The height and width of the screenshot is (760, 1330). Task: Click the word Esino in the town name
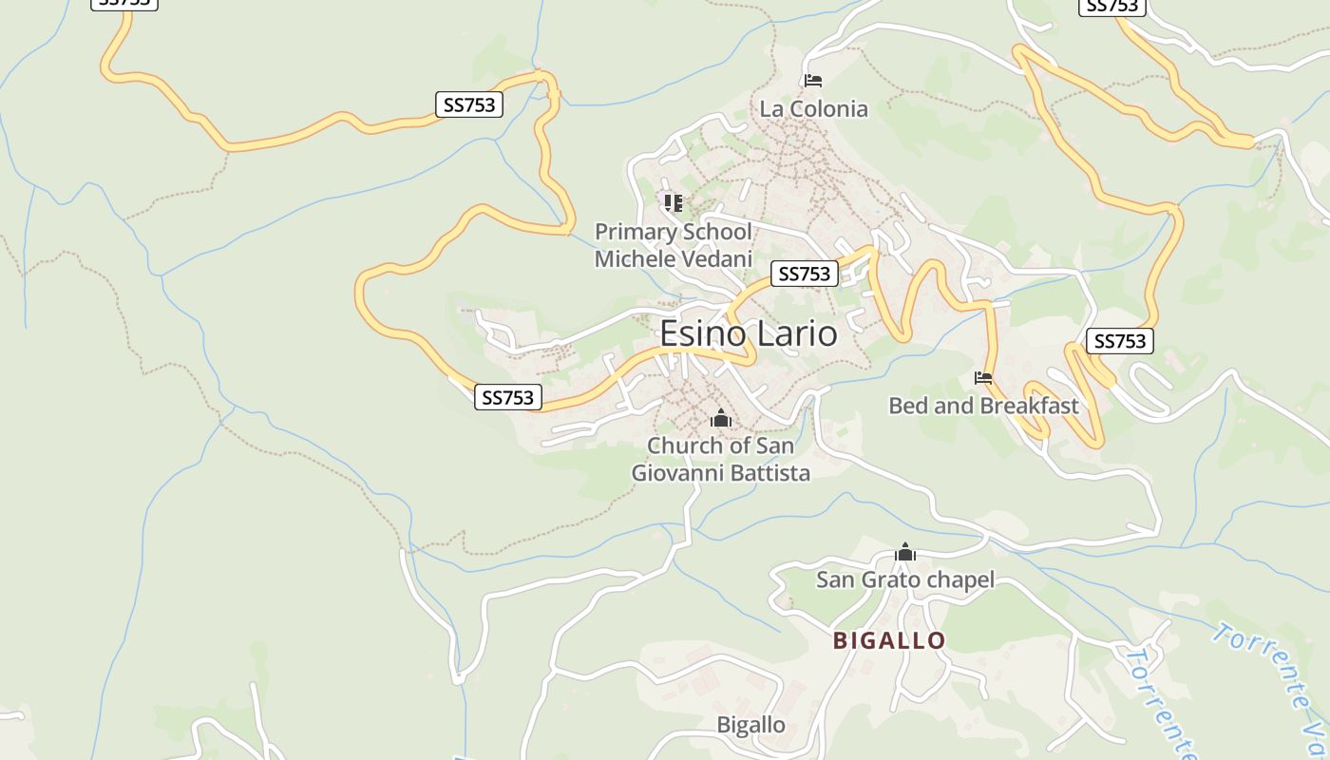pos(698,333)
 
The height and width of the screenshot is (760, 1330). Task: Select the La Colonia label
pos(813,108)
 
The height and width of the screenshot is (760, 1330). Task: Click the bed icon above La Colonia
pos(813,80)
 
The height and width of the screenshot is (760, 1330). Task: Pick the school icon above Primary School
pos(674,202)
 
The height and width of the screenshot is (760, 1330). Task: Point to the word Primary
pos(635,232)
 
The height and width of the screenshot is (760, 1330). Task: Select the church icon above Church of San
pos(720,418)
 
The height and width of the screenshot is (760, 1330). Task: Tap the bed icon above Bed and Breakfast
pos(983,378)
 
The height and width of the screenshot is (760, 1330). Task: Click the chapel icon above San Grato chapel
pos(905,552)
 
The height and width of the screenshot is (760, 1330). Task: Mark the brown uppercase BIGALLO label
pos(889,640)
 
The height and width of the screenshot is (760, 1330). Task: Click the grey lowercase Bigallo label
pos(750,725)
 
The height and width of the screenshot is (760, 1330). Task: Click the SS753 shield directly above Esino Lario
pos(804,274)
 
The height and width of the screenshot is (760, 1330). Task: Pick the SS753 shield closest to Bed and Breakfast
pos(1120,341)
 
